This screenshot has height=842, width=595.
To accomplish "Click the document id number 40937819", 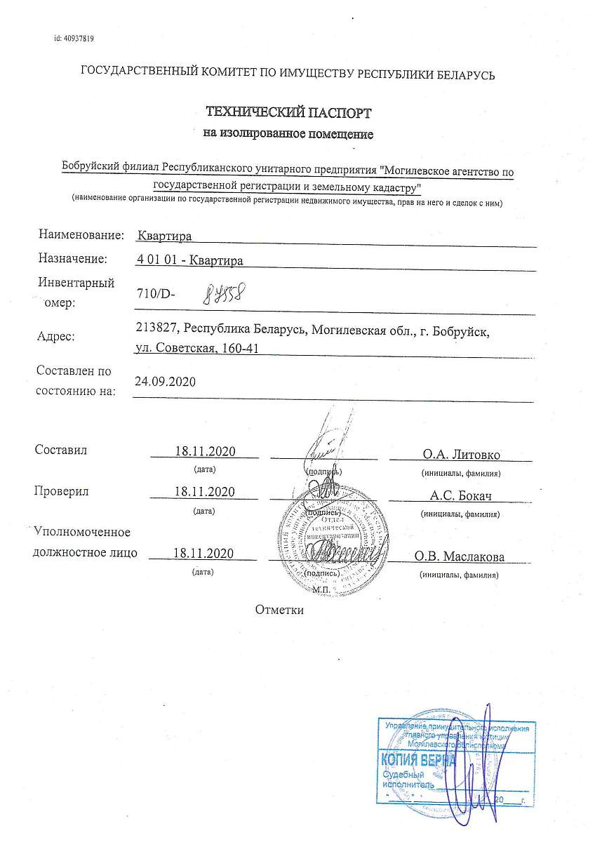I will tap(74, 39).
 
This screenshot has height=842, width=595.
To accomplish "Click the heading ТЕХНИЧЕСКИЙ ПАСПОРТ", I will tap(288, 112).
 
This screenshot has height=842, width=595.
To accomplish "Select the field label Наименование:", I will tap(81, 235).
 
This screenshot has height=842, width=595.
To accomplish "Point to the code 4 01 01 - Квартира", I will tap(191, 260).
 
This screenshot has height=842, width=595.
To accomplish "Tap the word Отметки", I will tap(279, 610).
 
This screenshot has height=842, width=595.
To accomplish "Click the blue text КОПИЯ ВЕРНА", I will tap(417, 761).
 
